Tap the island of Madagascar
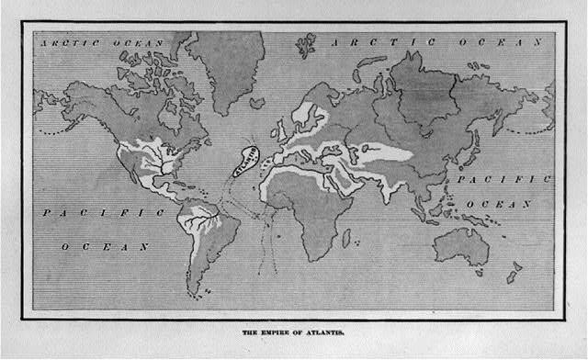point(346,238)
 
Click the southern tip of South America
point(196,293)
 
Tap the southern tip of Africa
point(317,256)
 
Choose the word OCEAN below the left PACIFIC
point(105,246)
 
